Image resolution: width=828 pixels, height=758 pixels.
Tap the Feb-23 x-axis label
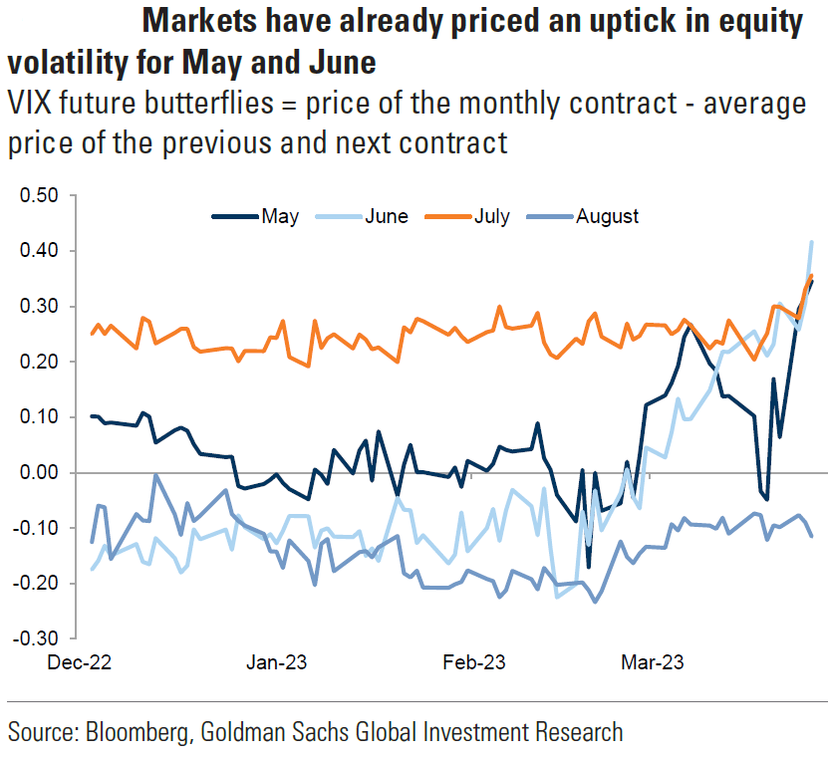[471, 661]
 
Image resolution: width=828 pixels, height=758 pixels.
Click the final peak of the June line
[811, 241]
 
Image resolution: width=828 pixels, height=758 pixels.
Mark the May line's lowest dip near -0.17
[589, 567]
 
